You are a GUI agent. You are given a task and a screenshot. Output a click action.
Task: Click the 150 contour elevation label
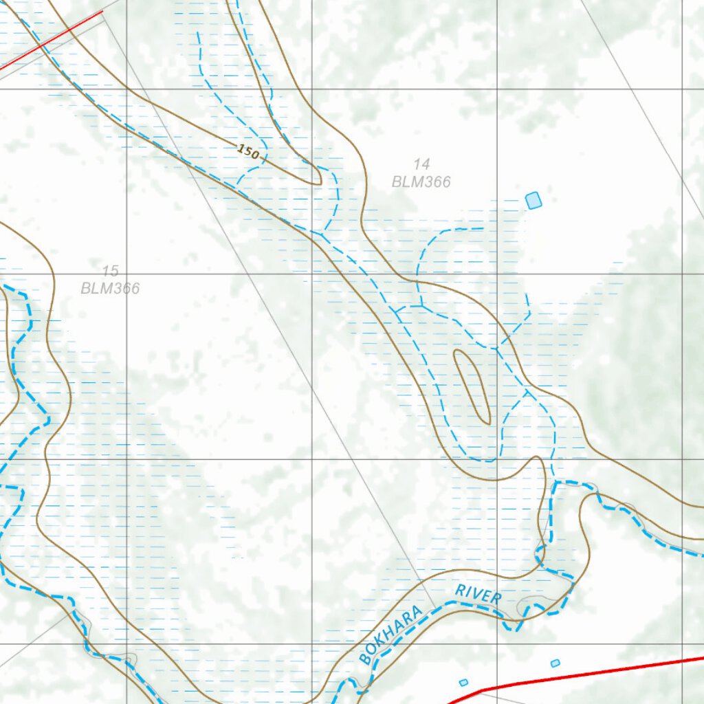(x=249, y=153)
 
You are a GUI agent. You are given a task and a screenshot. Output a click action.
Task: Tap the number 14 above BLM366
(x=421, y=164)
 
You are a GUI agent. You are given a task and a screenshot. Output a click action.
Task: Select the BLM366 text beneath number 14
(x=421, y=182)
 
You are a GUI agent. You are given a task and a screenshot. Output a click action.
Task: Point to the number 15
(x=110, y=271)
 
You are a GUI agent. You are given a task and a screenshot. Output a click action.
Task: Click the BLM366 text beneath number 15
(x=110, y=288)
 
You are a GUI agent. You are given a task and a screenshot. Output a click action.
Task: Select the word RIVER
(x=478, y=594)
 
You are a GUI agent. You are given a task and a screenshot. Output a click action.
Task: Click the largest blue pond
(x=533, y=200)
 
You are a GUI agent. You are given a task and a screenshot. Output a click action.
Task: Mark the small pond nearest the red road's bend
(x=463, y=682)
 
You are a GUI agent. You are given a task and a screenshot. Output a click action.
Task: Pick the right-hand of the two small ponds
(x=555, y=663)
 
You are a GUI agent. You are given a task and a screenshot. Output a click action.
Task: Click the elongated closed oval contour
(x=472, y=386)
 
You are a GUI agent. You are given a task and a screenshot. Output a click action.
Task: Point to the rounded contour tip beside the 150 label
(x=318, y=180)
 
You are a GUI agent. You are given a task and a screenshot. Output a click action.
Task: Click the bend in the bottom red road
(x=485, y=688)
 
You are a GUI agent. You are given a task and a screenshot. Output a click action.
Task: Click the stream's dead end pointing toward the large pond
(x=483, y=228)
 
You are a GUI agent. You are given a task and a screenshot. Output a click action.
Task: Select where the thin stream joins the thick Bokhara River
(x=554, y=483)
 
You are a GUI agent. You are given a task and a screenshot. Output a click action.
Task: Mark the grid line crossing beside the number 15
(x=126, y=274)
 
